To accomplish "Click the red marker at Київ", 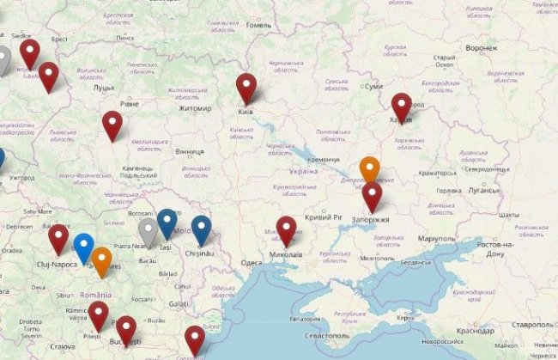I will coord(247,87).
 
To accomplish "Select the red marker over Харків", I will coord(401,106).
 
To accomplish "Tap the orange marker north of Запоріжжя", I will coord(370,168).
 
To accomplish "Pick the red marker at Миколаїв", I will coord(287,229).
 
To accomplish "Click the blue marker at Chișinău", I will coord(201,228).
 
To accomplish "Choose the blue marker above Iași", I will coord(167,222).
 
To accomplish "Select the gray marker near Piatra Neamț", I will coord(149,229).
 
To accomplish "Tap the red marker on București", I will coord(126,329).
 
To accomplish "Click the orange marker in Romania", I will coord(101,260).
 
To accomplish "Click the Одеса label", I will coord(252,263).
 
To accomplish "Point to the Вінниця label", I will coord(189,152).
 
